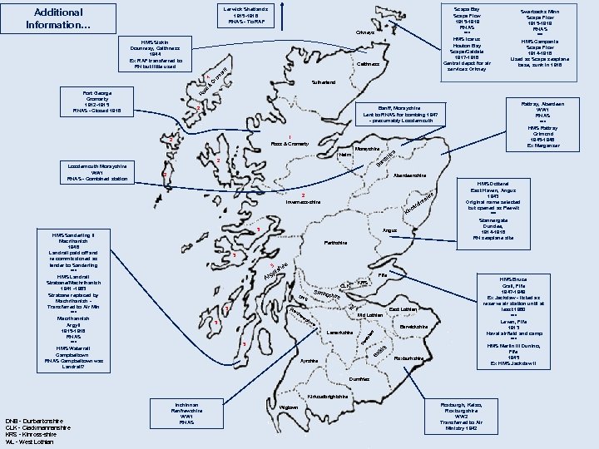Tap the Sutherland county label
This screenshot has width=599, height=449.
pyautogui.click(x=324, y=82)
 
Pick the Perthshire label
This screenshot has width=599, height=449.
pyautogui.click(x=334, y=242)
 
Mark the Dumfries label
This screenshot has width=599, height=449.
pyautogui.click(x=359, y=378)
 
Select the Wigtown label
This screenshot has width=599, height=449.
pyautogui.click(x=289, y=407)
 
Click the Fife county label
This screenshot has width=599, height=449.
pyautogui.click(x=383, y=274)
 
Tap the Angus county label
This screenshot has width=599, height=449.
pyautogui.click(x=389, y=229)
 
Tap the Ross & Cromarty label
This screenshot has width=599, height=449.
pyautogui.click(x=290, y=144)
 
